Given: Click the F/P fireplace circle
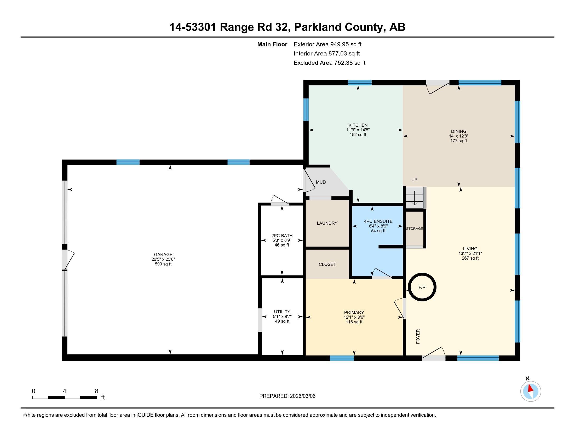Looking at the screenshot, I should (x=422, y=287).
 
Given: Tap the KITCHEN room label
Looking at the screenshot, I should (x=358, y=125).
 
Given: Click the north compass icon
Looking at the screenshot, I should (x=531, y=391).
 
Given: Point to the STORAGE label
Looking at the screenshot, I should (x=415, y=229).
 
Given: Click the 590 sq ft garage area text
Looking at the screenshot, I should (x=163, y=264).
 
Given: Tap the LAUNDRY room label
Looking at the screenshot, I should (x=327, y=223).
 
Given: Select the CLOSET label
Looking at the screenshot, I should (x=327, y=264).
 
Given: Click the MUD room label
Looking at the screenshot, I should (x=321, y=182).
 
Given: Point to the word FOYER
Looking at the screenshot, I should (x=418, y=336).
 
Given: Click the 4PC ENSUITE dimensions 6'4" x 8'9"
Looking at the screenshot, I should (x=378, y=226).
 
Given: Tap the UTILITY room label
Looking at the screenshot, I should (x=282, y=312).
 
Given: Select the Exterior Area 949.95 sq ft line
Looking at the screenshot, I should (x=327, y=44).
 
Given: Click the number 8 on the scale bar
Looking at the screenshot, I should (x=97, y=391).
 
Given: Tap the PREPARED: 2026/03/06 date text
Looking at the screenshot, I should (x=287, y=396).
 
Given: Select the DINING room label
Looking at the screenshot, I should (x=459, y=131).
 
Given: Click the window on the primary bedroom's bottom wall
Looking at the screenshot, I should (x=342, y=358).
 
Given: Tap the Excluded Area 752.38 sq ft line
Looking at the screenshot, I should (x=329, y=63).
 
